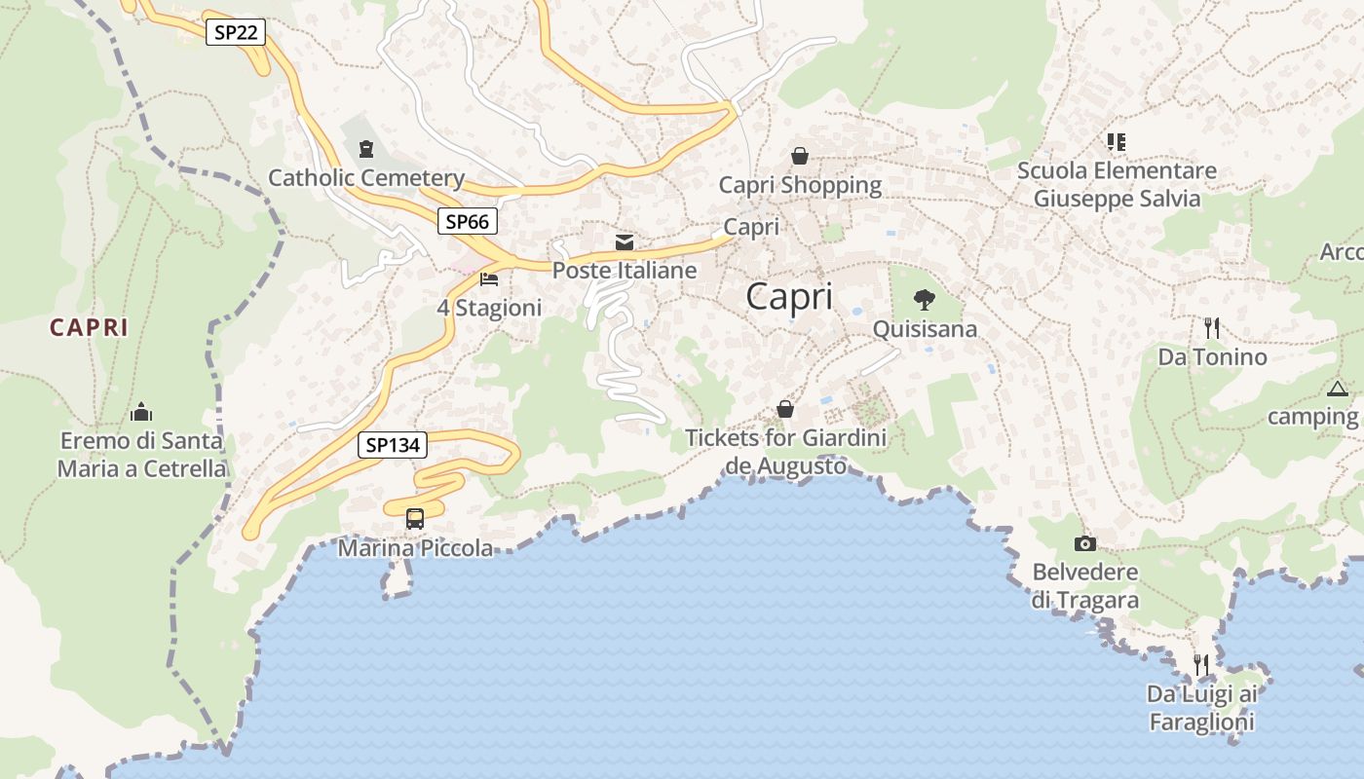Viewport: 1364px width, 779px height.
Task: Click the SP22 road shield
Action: coord(236,32)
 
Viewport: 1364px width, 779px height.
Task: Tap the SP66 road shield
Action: coord(467,221)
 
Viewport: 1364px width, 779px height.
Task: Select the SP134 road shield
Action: coord(393,445)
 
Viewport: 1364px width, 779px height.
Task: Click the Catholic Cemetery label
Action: coord(366,178)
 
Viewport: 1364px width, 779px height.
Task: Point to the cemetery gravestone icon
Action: coord(365,149)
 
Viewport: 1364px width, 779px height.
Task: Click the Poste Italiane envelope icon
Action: coord(625,242)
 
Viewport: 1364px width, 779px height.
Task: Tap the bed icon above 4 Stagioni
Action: coord(489,279)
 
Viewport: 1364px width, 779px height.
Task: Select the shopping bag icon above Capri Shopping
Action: coord(800,156)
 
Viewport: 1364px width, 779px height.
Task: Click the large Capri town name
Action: coord(789,297)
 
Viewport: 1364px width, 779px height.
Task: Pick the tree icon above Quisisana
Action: coord(924,300)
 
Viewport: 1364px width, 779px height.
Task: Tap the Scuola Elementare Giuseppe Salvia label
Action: coord(1117,185)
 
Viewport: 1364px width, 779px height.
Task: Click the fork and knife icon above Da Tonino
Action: coord(1212,327)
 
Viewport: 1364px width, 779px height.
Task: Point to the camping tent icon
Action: coord(1338,389)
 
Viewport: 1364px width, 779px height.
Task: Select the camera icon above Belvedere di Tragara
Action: coord(1085,543)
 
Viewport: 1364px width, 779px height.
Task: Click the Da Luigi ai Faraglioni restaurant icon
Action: coord(1201,665)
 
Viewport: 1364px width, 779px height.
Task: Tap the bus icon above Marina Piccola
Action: coord(415,518)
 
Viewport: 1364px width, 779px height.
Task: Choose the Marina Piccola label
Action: coord(415,548)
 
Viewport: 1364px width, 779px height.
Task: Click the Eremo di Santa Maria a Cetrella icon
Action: coord(141,411)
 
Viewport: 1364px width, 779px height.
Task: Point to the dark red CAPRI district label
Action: coord(89,327)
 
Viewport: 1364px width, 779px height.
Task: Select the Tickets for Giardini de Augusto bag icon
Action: coord(785,409)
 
